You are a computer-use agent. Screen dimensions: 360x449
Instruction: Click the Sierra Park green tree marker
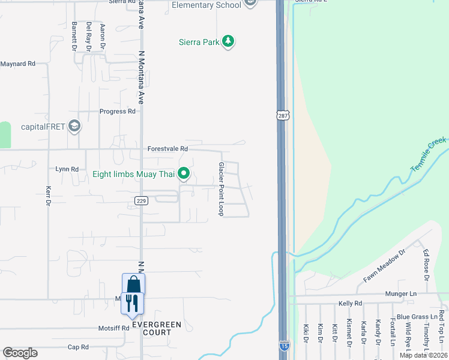tap(228, 42)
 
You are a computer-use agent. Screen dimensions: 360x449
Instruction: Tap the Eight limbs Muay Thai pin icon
tap(185, 175)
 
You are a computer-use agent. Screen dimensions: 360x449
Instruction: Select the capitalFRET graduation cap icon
tap(74, 126)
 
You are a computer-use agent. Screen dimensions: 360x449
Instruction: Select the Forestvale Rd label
tap(167, 149)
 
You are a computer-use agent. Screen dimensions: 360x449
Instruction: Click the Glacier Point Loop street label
tap(221, 189)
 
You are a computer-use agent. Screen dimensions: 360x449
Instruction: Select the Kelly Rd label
tap(351, 304)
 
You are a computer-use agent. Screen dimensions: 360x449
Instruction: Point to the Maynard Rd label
tap(18, 64)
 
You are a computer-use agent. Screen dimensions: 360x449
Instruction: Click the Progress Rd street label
tap(118, 112)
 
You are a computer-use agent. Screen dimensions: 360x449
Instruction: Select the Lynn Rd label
tap(67, 169)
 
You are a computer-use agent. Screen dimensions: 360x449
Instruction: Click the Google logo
tap(20, 353)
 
